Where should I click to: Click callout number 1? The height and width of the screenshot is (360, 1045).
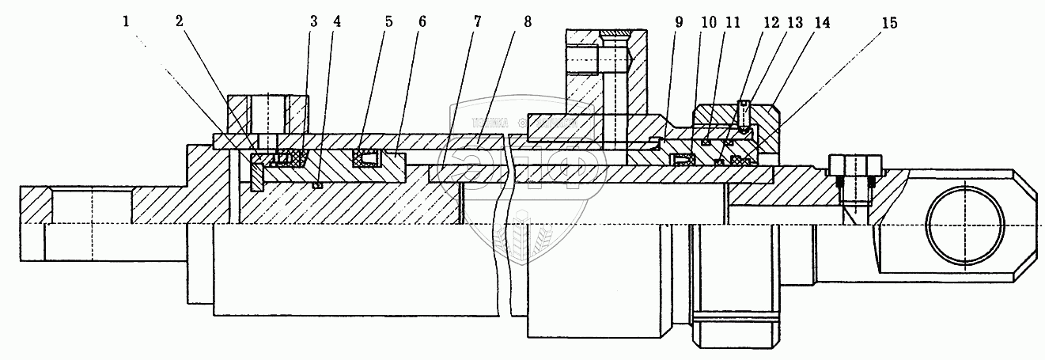(127, 22)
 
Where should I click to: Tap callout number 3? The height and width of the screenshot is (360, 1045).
(314, 22)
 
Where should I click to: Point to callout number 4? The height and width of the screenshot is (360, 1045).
(338, 22)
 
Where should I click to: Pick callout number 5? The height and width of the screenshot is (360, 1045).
(389, 22)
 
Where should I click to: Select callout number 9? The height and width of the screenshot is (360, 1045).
(678, 22)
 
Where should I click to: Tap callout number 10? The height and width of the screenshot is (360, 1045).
(706, 22)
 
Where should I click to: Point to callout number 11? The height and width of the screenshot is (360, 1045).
(733, 22)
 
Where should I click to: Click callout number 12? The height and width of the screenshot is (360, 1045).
(768, 22)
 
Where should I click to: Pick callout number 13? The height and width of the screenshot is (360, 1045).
(793, 22)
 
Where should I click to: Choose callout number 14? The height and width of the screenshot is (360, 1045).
(821, 22)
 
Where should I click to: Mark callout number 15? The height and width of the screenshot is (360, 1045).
(890, 22)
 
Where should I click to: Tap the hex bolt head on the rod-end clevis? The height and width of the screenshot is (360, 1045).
(854, 166)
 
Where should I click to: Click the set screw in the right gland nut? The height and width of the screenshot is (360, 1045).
(744, 112)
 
